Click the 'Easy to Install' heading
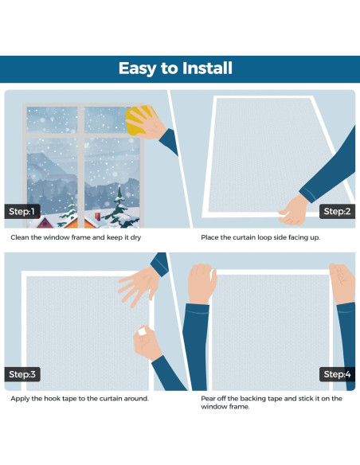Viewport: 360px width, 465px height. point(175,68)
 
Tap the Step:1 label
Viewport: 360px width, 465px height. point(22,212)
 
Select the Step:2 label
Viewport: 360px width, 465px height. point(337,212)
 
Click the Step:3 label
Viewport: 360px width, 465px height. point(22,374)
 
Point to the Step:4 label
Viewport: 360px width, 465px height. point(337,374)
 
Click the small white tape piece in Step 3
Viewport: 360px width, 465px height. point(142,331)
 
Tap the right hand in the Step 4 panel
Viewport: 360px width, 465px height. point(342,283)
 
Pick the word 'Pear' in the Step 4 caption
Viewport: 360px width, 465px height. point(209,398)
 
